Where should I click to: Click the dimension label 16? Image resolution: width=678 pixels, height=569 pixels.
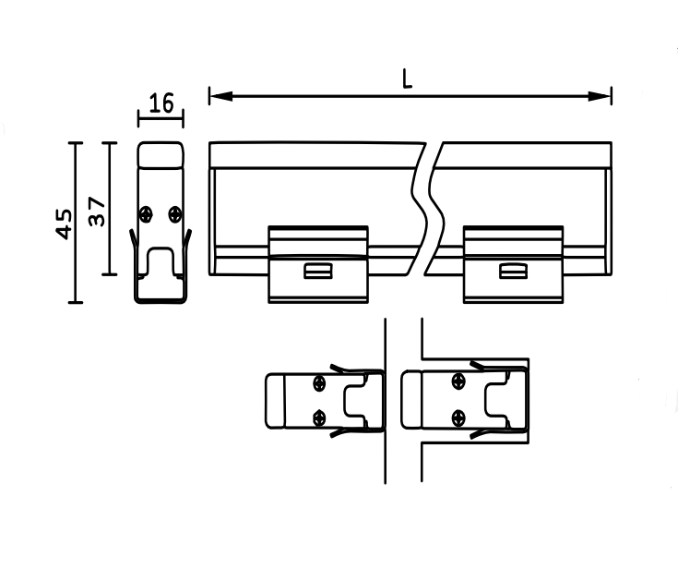point(161,103)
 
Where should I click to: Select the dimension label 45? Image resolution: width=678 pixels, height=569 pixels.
point(64,223)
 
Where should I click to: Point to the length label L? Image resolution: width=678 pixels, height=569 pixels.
point(407,79)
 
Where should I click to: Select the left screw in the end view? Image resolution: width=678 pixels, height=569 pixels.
point(146,214)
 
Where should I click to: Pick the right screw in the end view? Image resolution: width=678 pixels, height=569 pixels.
point(175,214)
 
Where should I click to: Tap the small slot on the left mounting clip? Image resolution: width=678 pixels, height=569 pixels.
point(318,271)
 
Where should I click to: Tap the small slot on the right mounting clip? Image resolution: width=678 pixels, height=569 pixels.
point(512,271)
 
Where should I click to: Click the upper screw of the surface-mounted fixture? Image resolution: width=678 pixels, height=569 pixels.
point(319,382)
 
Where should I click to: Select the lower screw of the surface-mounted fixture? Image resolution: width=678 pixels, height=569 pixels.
point(319,417)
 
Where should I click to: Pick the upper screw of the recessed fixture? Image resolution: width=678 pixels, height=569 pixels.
point(458,382)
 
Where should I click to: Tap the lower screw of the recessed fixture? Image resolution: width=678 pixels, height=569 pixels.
point(458,417)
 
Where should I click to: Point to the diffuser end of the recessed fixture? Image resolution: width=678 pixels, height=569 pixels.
point(412,400)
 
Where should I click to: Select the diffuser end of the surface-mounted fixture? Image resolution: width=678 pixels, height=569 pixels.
point(275,400)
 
